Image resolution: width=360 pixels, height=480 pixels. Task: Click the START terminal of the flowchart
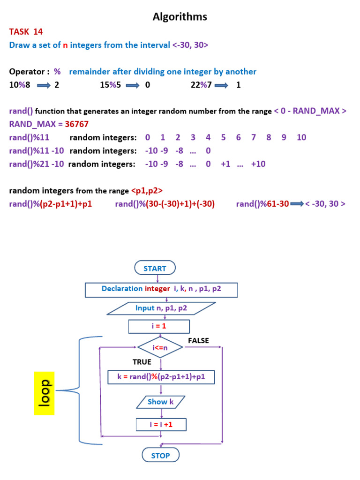click(155, 268)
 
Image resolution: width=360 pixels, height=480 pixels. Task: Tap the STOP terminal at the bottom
click(160, 455)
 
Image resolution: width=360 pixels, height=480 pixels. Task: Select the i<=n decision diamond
click(160, 347)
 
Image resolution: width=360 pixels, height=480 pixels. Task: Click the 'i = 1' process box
click(159, 326)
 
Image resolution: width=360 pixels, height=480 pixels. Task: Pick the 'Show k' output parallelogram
click(161, 402)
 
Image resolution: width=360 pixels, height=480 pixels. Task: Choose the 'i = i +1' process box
click(161, 425)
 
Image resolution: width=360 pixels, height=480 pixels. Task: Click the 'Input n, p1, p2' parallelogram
click(161, 308)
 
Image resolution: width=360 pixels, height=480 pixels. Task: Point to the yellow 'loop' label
click(45, 393)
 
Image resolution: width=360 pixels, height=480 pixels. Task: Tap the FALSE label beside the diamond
click(198, 340)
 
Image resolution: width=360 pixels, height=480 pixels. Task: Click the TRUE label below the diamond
click(142, 362)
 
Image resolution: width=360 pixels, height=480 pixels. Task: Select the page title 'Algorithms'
click(180, 17)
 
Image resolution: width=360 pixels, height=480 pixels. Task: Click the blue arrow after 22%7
click(221, 85)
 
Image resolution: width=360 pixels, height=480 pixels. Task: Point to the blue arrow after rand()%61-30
click(297, 204)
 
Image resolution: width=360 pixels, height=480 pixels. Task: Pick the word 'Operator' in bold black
click(27, 72)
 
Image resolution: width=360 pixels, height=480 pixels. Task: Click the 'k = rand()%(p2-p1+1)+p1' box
click(161, 377)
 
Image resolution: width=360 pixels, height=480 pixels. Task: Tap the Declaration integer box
click(161, 289)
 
